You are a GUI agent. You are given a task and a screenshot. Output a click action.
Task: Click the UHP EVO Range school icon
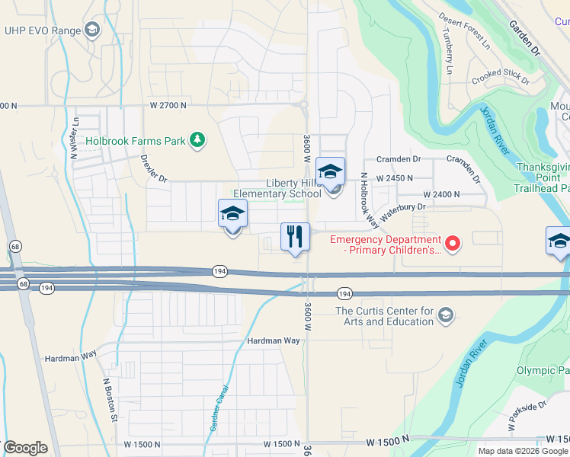[92, 30]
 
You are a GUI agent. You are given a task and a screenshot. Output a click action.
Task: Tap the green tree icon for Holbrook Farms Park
[198, 140]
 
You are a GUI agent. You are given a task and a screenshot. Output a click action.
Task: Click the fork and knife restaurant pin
[295, 237]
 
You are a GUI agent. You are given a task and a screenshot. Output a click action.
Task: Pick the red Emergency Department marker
[453, 244]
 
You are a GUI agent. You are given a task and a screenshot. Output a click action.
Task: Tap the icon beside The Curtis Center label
[446, 315]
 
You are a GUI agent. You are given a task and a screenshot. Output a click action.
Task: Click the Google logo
[26, 448]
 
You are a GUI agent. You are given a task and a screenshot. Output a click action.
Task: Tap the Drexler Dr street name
[154, 168]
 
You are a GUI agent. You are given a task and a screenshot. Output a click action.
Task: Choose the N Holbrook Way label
[369, 200]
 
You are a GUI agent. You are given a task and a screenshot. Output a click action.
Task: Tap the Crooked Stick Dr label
[497, 76]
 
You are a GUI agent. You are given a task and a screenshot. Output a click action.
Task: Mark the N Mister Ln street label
[75, 136]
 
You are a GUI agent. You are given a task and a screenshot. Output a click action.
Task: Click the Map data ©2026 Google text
[524, 451]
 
